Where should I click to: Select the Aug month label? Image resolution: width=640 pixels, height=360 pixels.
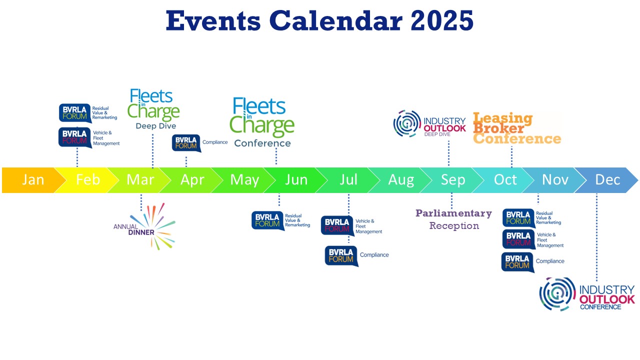click(401, 180)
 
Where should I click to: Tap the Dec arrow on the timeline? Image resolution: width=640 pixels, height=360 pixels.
click(608, 180)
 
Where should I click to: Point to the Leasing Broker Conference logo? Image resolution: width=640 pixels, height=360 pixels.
click(516, 128)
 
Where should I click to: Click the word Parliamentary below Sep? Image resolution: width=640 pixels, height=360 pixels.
click(453, 213)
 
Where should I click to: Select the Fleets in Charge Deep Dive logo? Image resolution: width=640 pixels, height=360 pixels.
click(154, 109)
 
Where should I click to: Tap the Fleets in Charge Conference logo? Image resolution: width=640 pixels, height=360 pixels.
click(263, 122)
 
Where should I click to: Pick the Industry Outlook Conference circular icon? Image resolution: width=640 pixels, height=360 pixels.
click(557, 294)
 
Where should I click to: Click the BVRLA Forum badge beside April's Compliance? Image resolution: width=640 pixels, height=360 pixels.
click(186, 142)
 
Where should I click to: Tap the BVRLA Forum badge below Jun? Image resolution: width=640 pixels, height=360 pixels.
click(267, 220)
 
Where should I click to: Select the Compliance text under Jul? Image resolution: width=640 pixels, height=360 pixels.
click(374, 255)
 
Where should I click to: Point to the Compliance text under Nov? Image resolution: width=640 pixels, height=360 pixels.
click(550, 261)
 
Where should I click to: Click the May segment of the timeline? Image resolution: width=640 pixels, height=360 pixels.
click(244, 180)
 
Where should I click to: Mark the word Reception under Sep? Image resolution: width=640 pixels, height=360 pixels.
click(454, 226)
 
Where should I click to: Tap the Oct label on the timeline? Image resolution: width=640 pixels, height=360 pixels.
click(505, 180)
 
